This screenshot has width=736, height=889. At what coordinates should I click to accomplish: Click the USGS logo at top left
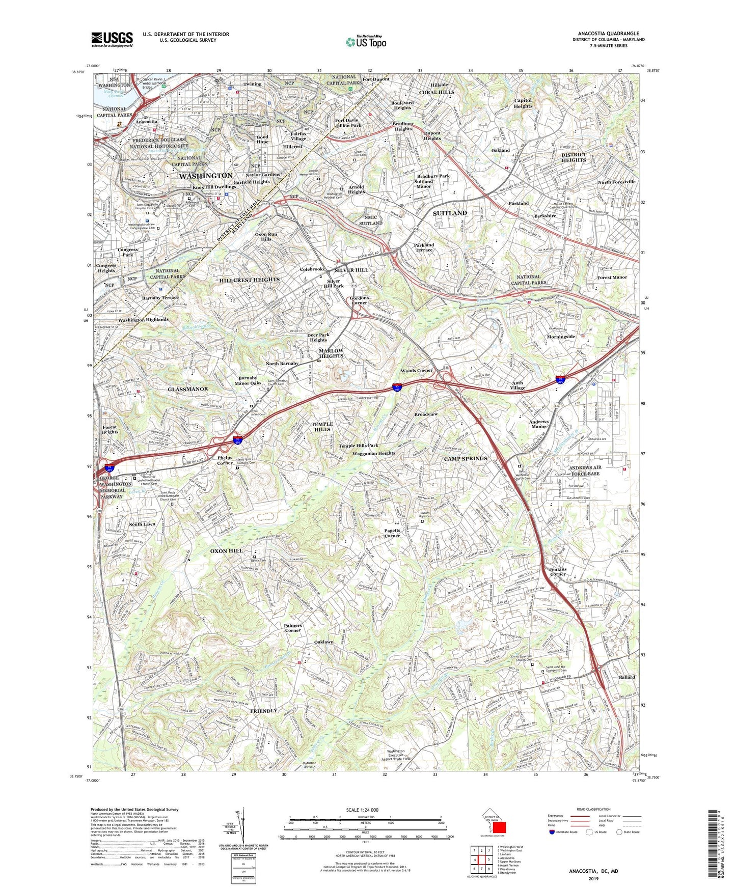click(x=112, y=39)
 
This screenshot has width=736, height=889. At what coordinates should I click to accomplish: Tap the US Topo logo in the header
click(x=366, y=42)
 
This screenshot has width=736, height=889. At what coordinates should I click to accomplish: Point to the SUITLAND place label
click(x=450, y=213)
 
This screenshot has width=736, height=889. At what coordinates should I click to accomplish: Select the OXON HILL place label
click(x=226, y=551)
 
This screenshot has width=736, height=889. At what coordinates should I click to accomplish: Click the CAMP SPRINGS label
click(x=466, y=458)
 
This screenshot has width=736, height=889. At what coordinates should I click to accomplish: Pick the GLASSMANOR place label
click(x=188, y=388)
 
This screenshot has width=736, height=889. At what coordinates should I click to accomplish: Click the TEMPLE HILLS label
click(x=322, y=427)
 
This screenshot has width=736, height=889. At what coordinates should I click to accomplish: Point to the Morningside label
click(x=561, y=337)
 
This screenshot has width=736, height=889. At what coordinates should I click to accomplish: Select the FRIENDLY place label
click(x=264, y=710)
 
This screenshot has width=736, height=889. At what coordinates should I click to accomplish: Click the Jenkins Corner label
click(x=558, y=571)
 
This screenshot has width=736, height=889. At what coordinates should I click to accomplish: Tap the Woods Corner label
click(x=417, y=370)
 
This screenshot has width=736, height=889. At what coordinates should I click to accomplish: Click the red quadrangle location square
click(x=499, y=827)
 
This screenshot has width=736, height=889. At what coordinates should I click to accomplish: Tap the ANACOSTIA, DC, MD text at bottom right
click(x=593, y=871)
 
